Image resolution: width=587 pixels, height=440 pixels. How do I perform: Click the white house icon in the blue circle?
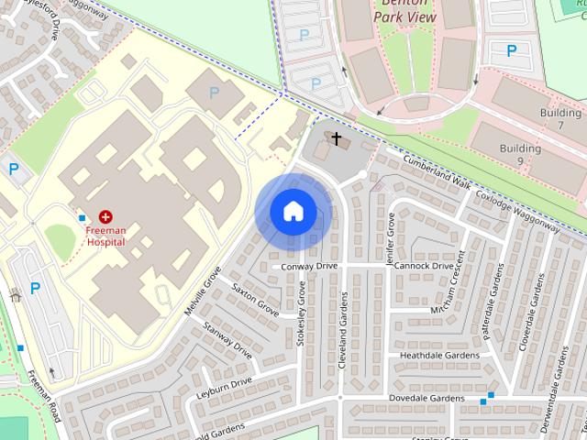coord(293,212)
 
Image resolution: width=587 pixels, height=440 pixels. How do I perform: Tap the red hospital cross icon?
coord(106,217)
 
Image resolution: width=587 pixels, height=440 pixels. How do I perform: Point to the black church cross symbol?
coord(337,139)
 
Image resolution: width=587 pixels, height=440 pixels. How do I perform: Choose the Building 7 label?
coord(561,118)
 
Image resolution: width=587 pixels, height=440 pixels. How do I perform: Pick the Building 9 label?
coord(520,154)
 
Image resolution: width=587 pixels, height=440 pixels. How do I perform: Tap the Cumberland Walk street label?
coord(437,173)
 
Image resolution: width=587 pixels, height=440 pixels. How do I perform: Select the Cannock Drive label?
coord(419,266)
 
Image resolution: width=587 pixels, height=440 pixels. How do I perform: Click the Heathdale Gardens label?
coord(439,355)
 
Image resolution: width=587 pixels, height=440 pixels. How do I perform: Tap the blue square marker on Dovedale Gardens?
coord(491,396)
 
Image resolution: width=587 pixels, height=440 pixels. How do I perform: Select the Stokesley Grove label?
coord(300,313)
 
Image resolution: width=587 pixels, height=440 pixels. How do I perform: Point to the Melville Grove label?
coord(203,291)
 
